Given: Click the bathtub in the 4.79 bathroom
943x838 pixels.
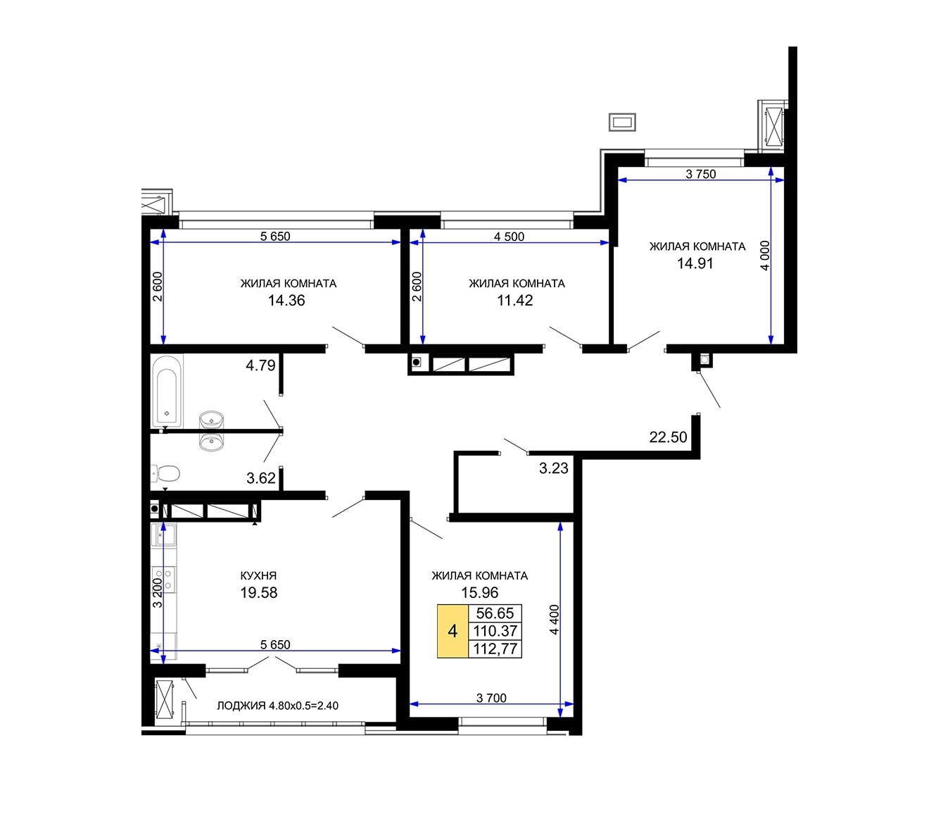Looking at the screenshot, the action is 167,392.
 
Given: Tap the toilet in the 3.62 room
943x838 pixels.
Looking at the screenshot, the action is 165,474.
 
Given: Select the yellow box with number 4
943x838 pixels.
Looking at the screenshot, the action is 452,631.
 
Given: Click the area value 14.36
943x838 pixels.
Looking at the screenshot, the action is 286,301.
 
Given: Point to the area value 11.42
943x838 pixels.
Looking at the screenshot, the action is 515,301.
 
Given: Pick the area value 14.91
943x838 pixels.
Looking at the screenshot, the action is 695,263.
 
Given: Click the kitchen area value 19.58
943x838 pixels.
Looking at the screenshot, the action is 259,592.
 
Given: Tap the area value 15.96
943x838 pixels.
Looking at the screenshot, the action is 480,592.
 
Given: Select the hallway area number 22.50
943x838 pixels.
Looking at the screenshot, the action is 668,437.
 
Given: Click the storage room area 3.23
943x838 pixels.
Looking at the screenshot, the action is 553,468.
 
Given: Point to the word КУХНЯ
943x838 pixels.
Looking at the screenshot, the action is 258,576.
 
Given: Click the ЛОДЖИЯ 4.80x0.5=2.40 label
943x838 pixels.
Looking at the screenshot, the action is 277,706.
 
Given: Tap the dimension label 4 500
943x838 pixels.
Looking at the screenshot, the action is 510,237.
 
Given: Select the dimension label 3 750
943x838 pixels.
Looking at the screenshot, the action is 701,174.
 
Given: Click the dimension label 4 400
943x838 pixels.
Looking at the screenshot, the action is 554,620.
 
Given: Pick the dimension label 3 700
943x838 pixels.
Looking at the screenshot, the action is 491,698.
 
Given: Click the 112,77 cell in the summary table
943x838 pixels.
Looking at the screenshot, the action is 495,649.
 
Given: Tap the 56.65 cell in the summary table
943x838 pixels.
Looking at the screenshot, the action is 495,613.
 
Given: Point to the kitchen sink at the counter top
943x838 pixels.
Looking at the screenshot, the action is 163,534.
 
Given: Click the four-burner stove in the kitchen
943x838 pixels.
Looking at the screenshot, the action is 163,580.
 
